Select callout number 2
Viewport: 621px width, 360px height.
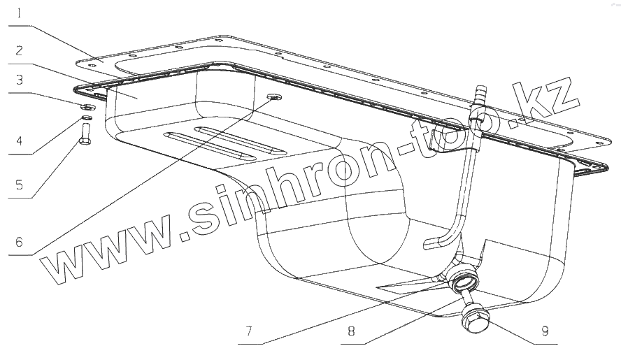(x=19, y=50)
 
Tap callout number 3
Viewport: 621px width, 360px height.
(x=19, y=80)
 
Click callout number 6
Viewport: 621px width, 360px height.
(x=19, y=243)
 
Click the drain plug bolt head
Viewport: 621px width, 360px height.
(x=473, y=320)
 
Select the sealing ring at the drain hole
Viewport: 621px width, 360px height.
(x=464, y=282)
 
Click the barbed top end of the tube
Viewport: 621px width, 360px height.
(x=479, y=95)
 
